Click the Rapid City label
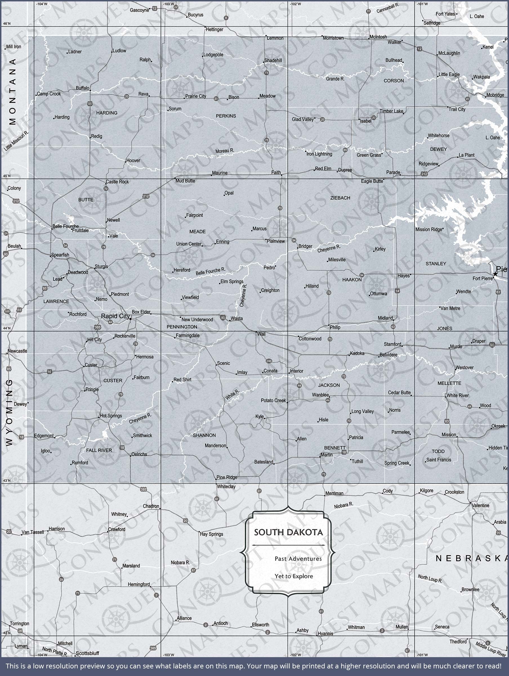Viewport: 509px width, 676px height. (x=115, y=316)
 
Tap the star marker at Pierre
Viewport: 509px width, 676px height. (x=495, y=274)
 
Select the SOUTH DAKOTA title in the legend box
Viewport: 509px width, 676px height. (x=288, y=532)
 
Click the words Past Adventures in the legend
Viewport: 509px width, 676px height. (x=298, y=559)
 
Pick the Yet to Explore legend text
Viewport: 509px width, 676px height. (x=294, y=576)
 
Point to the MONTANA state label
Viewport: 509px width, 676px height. (x=12, y=92)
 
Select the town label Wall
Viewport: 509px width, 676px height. (x=261, y=334)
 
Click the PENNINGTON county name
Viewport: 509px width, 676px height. (x=182, y=327)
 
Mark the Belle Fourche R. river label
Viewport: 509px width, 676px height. (x=211, y=271)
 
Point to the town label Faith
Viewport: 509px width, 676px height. (x=276, y=172)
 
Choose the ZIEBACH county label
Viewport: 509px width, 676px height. (x=340, y=198)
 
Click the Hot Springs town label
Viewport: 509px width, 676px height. (x=111, y=416)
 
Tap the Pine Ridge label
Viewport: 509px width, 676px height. (x=227, y=477)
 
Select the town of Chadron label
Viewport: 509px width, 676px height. (x=151, y=506)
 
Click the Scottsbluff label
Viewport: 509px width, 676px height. (x=87, y=653)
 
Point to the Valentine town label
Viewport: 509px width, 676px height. (x=481, y=506)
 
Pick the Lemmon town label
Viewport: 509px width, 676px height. (x=275, y=38)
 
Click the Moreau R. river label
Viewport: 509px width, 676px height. (x=225, y=151)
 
